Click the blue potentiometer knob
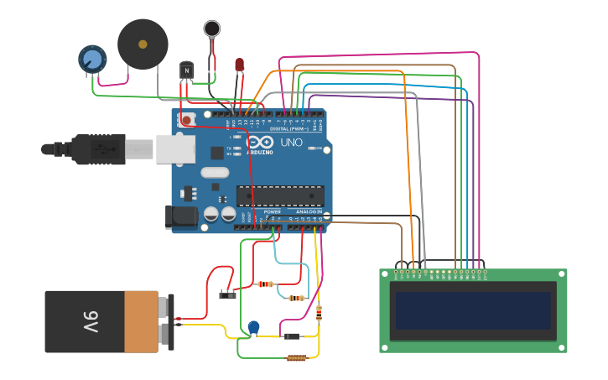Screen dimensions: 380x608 tap(92, 58)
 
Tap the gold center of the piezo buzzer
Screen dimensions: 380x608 tap(143, 44)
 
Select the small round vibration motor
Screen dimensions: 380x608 tap(212, 29)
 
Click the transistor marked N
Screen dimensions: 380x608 tap(186, 70)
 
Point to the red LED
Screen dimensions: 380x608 tap(239, 64)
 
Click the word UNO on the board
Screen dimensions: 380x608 tap(290, 143)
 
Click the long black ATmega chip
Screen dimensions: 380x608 tap(280, 196)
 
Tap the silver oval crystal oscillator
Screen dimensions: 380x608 tap(215, 173)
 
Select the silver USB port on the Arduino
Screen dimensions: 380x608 tap(175, 148)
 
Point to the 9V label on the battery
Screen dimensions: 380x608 tap(90, 321)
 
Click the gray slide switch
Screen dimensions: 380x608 tap(226, 294)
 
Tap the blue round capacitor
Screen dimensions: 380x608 tap(253, 327)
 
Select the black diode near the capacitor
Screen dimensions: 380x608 tap(292, 336)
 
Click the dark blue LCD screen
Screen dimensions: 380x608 tap(474, 310)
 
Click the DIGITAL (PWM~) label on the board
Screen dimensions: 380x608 tap(286, 128)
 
